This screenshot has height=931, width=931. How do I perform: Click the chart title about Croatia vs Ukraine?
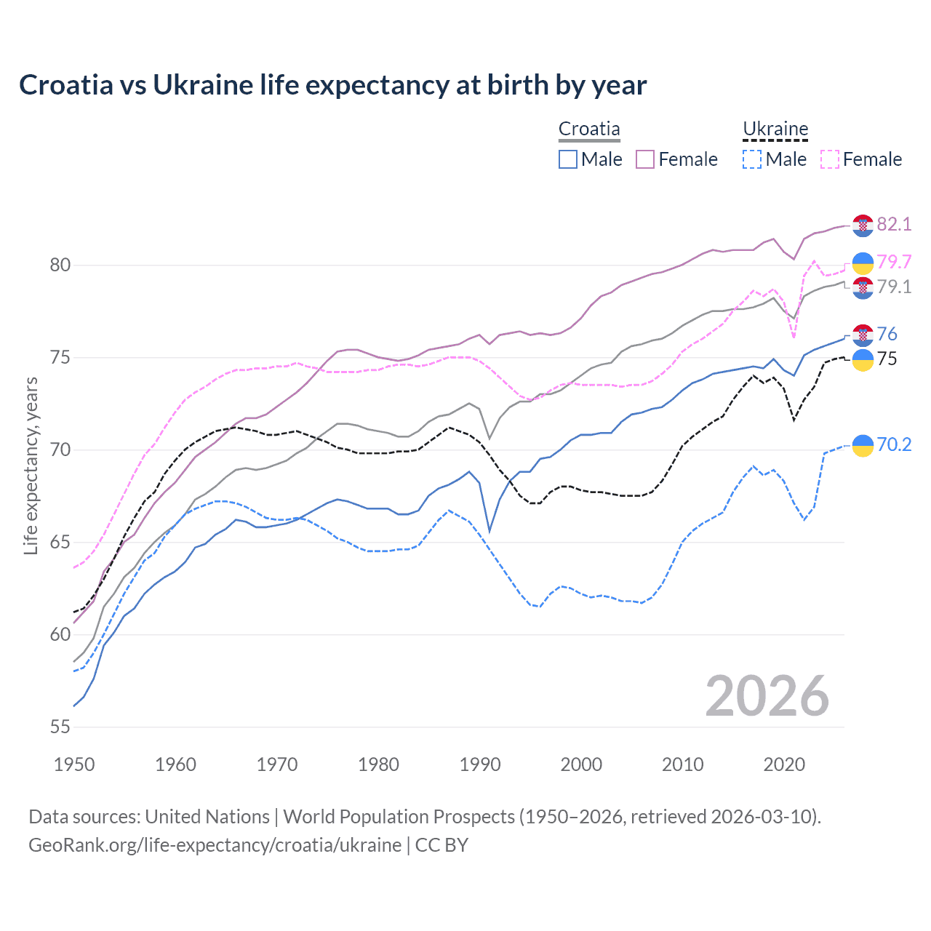click(x=332, y=85)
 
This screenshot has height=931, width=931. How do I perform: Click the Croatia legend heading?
click(x=589, y=129)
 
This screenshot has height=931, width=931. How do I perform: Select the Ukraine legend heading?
click(x=775, y=129)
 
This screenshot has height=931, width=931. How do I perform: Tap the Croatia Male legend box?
click(x=568, y=159)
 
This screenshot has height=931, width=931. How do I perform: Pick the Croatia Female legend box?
click(x=645, y=159)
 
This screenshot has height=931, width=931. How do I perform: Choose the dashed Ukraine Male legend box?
click(x=752, y=159)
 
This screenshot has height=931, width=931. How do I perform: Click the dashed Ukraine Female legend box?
click(x=830, y=159)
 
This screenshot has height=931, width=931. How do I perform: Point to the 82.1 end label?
click(x=894, y=224)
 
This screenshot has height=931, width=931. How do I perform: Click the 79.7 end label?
click(x=894, y=262)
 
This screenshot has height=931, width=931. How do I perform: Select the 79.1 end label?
click(x=894, y=287)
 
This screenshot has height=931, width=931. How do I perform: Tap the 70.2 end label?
click(x=894, y=444)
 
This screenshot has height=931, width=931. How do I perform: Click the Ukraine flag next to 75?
click(x=863, y=360)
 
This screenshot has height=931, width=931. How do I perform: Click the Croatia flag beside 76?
click(x=863, y=335)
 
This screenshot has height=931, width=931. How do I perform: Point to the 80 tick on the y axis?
click(x=60, y=265)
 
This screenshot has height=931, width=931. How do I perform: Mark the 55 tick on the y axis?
click(x=60, y=727)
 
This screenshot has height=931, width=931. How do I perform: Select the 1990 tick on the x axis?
click(x=480, y=764)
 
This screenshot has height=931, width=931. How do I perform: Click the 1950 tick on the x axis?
click(x=74, y=764)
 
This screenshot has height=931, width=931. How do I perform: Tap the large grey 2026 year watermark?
click(x=767, y=696)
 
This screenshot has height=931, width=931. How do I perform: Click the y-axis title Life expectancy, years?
click(x=31, y=465)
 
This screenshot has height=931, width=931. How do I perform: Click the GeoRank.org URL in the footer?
click(x=215, y=845)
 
